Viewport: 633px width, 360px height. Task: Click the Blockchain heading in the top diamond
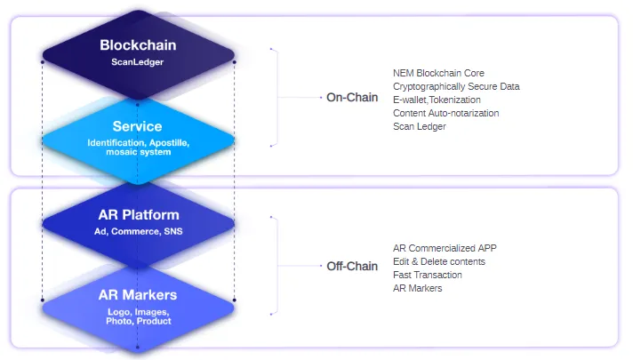tap(138, 44)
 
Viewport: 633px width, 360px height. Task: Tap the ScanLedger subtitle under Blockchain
tap(138, 62)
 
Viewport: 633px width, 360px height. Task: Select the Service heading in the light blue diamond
tap(137, 126)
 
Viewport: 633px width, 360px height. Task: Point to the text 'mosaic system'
tap(139, 152)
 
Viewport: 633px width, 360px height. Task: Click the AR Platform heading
tap(139, 215)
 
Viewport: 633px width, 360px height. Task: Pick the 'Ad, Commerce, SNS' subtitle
tap(139, 231)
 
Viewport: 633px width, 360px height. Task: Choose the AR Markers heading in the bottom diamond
tap(138, 295)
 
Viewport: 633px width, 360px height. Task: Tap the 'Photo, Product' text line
tap(139, 321)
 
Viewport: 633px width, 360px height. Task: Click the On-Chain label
tap(352, 97)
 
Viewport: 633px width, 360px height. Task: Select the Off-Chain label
tap(352, 266)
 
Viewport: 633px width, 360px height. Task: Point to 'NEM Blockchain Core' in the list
tap(438, 73)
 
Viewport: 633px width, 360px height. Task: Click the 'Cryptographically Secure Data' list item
tap(456, 86)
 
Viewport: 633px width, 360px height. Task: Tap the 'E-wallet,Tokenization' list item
tap(437, 100)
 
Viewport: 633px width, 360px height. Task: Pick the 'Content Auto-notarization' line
tap(446, 113)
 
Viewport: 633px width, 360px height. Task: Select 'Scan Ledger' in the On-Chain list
tap(420, 126)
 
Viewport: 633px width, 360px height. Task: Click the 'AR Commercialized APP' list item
tap(445, 248)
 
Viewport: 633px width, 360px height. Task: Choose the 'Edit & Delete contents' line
tap(439, 261)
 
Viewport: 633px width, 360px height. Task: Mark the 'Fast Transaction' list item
tap(428, 275)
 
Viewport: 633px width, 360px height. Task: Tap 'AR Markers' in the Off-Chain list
tap(418, 288)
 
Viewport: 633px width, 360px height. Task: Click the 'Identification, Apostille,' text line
tap(139, 143)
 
